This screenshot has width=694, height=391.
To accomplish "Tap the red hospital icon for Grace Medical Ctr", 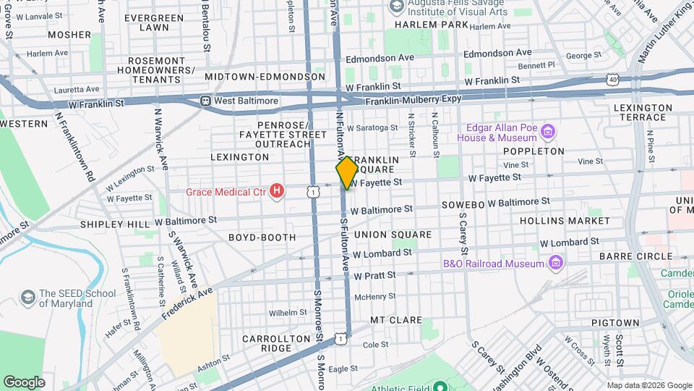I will pyautogui.click(x=275, y=191).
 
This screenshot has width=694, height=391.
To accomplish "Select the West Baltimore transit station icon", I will pyautogui.click(x=206, y=101).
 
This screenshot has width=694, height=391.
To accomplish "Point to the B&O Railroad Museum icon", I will pyautogui.click(x=555, y=263).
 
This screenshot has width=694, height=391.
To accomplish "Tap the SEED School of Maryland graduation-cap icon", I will pyautogui.click(x=28, y=298).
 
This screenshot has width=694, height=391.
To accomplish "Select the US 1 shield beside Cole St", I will pyautogui.click(x=340, y=338).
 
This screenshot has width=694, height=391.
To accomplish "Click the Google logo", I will pyautogui.click(x=25, y=382).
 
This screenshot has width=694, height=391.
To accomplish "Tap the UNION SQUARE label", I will pyautogui.click(x=393, y=235).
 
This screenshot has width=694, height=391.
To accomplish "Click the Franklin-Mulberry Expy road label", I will pyautogui.click(x=413, y=102).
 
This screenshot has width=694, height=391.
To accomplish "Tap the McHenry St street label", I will pyautogui.click(x=374, y=297).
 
